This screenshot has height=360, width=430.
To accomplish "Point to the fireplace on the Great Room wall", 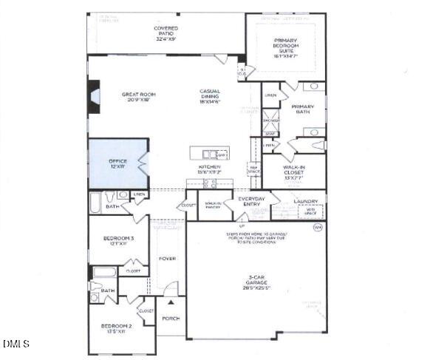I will [94, 96].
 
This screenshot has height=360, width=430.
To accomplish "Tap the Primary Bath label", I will [302, 109].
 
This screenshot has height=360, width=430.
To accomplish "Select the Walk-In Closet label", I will [294, 171].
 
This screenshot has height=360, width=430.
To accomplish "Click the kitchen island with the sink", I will [209, 154].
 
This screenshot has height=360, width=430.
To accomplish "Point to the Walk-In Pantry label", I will [213, 205].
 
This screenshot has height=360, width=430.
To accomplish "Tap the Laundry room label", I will [305, 201].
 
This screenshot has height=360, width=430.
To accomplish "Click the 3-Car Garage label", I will [256, 283].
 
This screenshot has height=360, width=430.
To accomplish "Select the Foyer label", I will [167, 258].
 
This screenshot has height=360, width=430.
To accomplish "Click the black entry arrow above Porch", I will [171, 302].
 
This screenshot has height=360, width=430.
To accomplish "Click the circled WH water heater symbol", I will [318, 227].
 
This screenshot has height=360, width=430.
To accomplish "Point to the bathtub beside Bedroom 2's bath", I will [104, 272].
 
